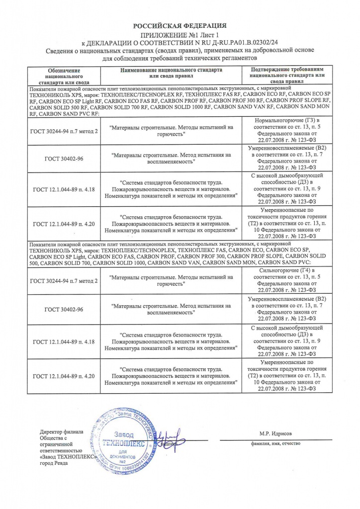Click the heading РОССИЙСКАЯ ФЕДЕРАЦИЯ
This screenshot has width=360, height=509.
tap(180, 25)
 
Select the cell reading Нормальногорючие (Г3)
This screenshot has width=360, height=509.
tap(287, 121)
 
